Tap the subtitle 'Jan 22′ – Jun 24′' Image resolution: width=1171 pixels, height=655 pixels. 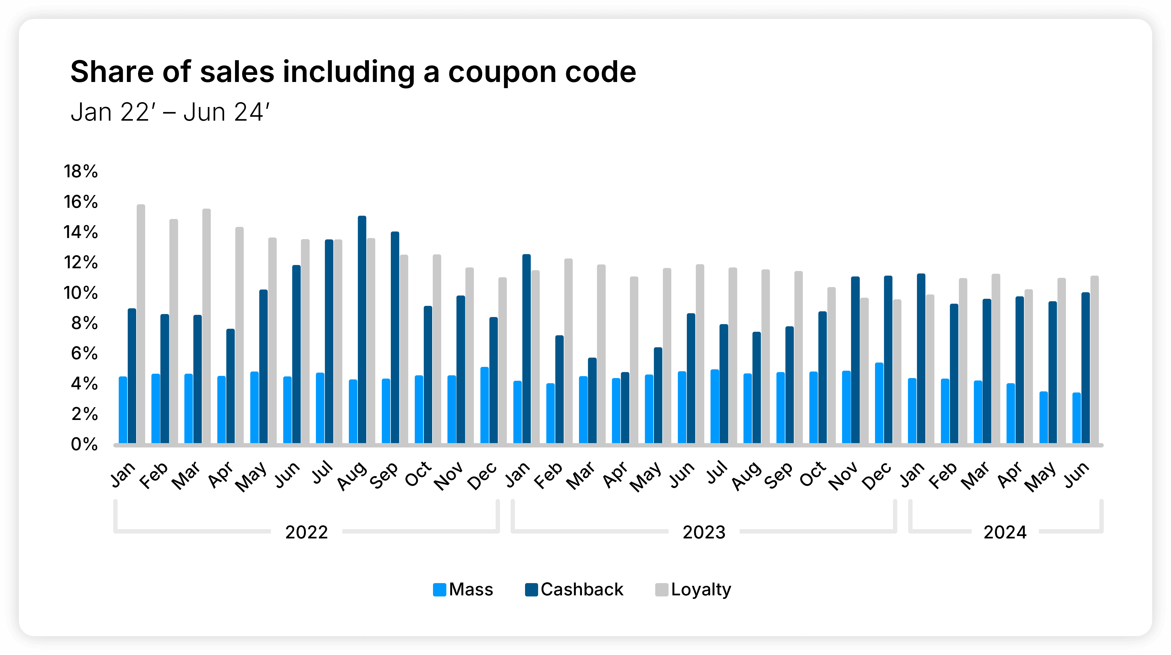[170, 112]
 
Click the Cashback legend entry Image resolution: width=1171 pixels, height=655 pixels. [574, 590]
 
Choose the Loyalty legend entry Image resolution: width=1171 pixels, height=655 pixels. [693, 590]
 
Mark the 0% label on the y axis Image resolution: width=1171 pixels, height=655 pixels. [84, 444]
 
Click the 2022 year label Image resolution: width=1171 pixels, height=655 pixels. [306, 532]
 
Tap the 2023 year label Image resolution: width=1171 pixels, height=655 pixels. [704, 532]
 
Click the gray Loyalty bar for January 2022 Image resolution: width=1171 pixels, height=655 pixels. [141, 324]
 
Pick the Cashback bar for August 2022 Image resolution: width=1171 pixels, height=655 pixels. [362, 330]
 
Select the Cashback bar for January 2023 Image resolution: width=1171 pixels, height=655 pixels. [526, 349]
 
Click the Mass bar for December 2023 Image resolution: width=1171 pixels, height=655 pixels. [879, 403]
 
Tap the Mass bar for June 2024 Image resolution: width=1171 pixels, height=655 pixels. [1077, 418]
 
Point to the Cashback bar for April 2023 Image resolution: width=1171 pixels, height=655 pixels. [625, 408]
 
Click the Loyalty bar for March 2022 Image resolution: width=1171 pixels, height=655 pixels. [206, 326]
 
